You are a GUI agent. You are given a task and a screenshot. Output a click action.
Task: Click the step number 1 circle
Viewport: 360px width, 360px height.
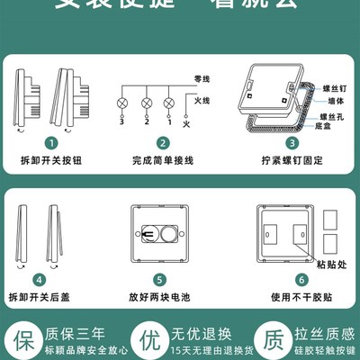(52, 142)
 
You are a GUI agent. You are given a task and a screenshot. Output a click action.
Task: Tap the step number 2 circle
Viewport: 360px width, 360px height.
(162, 142)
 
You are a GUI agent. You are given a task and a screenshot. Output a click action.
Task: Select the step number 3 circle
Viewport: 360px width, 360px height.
(292, 142)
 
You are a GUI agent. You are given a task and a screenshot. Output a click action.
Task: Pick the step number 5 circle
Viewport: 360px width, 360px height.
(158, 280)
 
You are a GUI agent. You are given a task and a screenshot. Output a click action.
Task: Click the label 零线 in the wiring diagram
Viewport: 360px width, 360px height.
(189, 79)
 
